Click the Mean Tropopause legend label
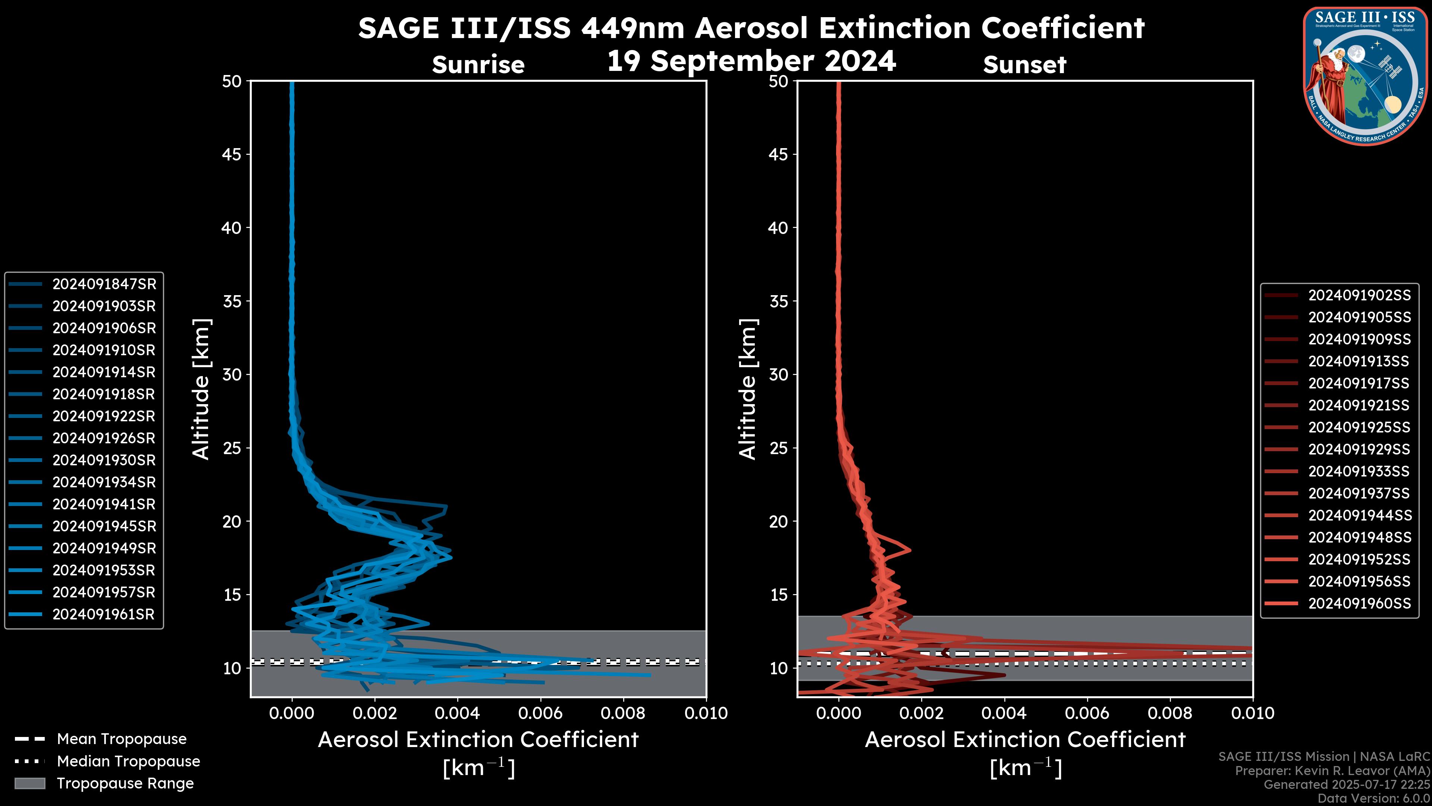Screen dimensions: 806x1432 [122, 739]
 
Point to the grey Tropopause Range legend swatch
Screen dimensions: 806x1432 [29, 784]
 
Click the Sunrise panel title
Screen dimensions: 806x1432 [478, 65]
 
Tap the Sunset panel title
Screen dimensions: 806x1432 [1024, 65]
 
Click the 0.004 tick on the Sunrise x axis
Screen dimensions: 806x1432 [457, 713]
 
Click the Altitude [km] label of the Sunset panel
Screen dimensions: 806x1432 [748, 389]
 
